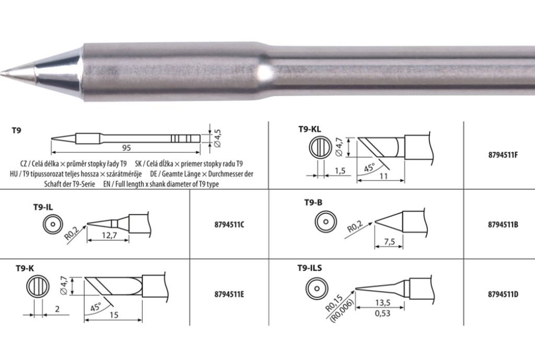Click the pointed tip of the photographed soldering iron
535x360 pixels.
2,73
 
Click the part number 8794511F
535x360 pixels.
503,155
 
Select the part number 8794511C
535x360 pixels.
229,225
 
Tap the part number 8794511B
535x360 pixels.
503,225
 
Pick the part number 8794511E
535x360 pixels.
229,294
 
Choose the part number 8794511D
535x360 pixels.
503,294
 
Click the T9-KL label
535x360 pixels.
309,129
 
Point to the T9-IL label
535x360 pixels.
43,207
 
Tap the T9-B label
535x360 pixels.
313,203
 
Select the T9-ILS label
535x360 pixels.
309,268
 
